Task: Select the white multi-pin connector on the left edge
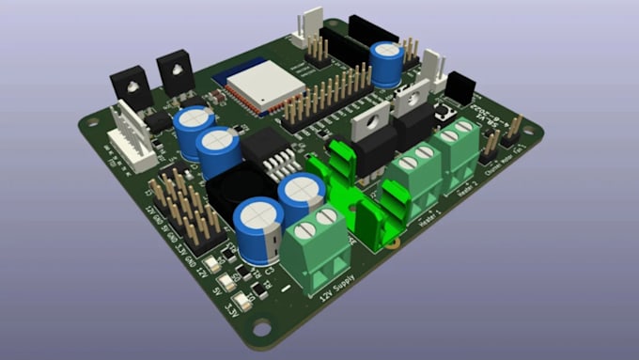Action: (x=129, y=137)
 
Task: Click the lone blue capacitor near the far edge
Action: (x=386, y=63)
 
